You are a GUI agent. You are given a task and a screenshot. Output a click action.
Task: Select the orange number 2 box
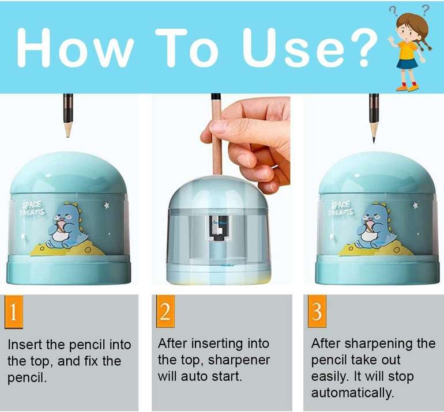click(165, 312)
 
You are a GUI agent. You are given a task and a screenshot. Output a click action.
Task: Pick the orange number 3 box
click(316, 312)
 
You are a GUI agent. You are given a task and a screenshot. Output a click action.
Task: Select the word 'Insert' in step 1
click(25, 345)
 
